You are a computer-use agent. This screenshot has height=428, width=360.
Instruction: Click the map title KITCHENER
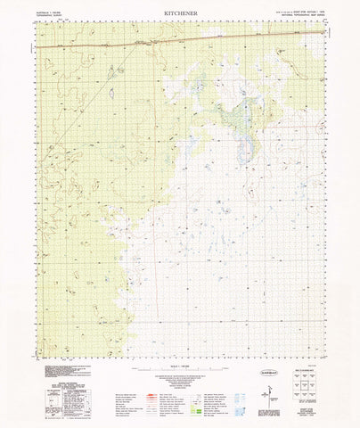[180, 14]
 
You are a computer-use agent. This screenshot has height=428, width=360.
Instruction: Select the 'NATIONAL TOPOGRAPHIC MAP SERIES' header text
[299, 14]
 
